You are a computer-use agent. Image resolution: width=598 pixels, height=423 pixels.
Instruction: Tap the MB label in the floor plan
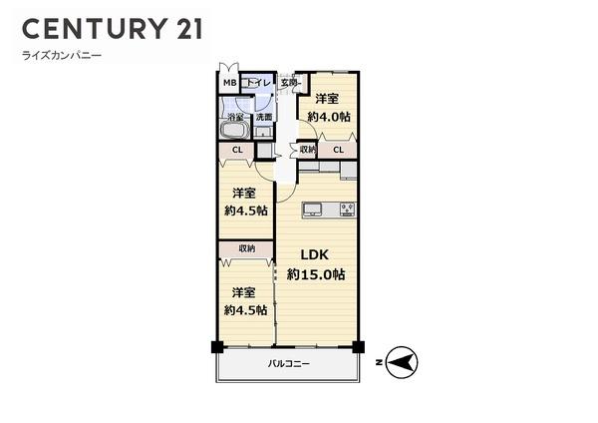[228, 83]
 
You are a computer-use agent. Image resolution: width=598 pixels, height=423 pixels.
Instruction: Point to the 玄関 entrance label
[289, 83]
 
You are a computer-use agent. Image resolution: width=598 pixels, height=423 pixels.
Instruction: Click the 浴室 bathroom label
[236, 118]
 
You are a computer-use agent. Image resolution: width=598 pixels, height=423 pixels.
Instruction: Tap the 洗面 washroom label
[264, 118]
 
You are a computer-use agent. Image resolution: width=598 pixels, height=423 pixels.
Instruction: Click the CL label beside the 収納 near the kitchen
[339, 150]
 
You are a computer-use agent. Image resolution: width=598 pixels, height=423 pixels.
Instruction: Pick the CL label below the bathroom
[237, 151]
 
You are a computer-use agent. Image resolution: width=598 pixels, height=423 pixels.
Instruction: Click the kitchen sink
[312, 210]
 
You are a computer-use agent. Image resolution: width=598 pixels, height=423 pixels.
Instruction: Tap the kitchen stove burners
[348, 210]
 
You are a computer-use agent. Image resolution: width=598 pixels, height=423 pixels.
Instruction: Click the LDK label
[317, 254]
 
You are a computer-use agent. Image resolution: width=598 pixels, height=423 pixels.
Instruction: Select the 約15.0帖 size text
[316, 273]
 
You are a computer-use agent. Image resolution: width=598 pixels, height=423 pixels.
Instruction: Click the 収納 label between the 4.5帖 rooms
[246, 248]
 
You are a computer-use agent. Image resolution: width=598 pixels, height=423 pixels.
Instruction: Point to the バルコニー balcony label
[289, 364]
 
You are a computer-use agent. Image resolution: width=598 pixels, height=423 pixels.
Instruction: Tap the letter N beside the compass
[379, 362]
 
